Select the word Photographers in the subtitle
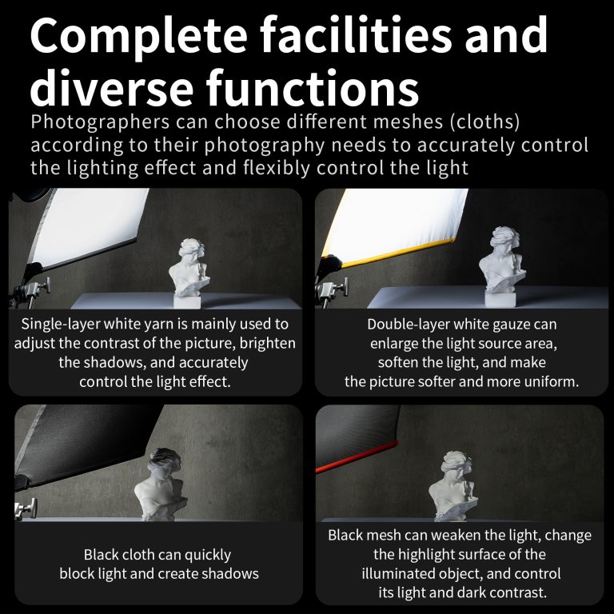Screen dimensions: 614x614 coord(100,122)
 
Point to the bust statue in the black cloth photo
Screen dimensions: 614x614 coord(161,484)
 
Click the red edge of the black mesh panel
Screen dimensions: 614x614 coord(357,457)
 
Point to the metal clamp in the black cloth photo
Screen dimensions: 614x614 coord(26,508)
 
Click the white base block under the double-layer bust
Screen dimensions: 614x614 coord(500,299)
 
